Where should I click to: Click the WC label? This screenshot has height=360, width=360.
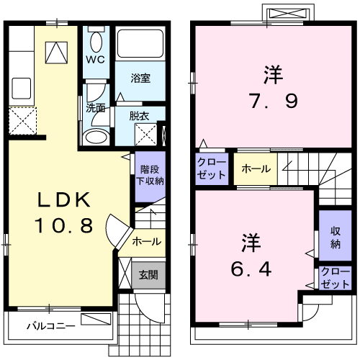96,60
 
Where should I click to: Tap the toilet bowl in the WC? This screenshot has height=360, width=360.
96,41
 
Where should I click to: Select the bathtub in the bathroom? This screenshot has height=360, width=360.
140,43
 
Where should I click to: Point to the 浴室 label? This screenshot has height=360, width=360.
140,78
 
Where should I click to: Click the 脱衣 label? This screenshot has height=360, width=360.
139,116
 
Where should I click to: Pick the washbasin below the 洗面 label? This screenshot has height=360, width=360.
96,137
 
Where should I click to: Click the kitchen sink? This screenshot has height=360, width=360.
21,88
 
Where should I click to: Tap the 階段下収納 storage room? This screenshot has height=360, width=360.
150,176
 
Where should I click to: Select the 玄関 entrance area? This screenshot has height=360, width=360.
148,275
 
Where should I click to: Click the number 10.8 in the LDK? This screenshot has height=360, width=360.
64,225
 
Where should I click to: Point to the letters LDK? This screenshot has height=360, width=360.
64,199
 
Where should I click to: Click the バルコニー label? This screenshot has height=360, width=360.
51,326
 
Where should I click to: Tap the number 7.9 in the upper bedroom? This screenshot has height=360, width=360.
274,101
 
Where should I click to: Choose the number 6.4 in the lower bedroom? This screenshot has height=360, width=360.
251,269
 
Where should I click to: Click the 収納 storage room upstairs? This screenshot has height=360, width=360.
335,235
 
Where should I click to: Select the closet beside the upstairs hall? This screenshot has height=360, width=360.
212,168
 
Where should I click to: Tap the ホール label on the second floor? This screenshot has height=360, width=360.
256,169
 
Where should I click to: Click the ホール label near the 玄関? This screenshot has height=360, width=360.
147,241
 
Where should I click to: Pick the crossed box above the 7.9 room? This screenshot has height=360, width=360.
288,14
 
